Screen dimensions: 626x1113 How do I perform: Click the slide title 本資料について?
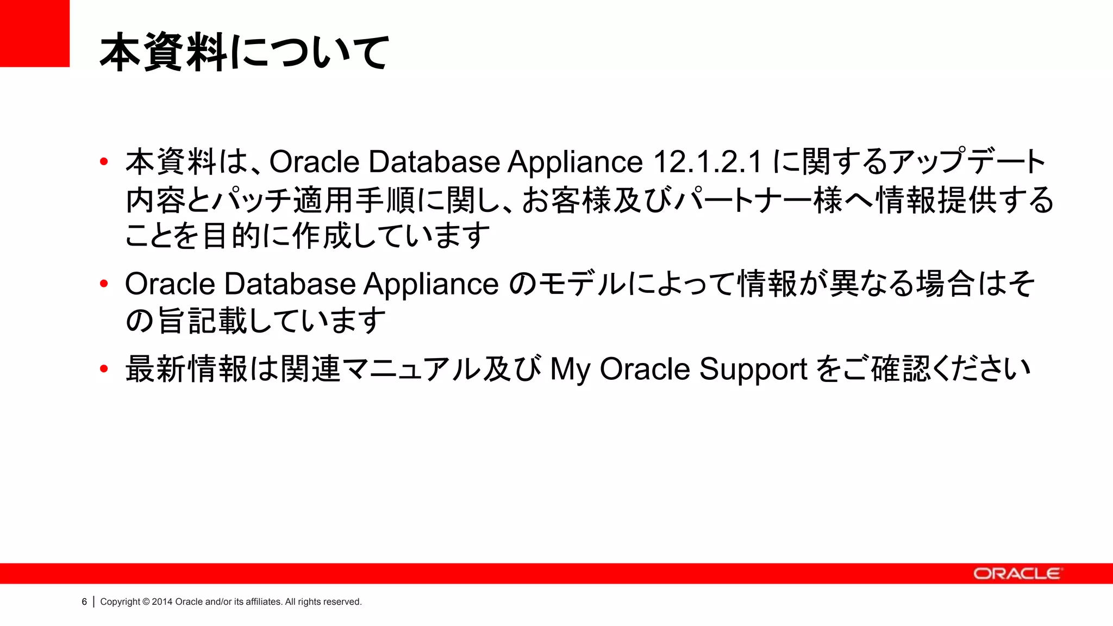(x=245, y=52)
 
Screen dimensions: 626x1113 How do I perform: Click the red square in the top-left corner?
(x=34, y=33)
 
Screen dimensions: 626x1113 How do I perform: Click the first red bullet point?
(x=104, y=161)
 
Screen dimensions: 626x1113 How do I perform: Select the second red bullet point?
(x=104, y=284)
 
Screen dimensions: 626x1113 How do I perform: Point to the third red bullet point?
(x=104, y=369)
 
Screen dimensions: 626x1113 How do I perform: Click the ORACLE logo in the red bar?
(x=1017, y=574)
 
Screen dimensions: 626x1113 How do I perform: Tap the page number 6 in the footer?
(x=84, y=602)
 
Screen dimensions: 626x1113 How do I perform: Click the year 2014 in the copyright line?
(x=162, y=602)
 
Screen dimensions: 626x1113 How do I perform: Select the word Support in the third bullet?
(x=753, y=370)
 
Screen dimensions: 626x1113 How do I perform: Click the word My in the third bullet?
(x=570, y=370)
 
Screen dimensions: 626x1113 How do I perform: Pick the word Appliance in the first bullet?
(x=575, y=162)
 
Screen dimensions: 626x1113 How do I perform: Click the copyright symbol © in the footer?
(x=146, y=602)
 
